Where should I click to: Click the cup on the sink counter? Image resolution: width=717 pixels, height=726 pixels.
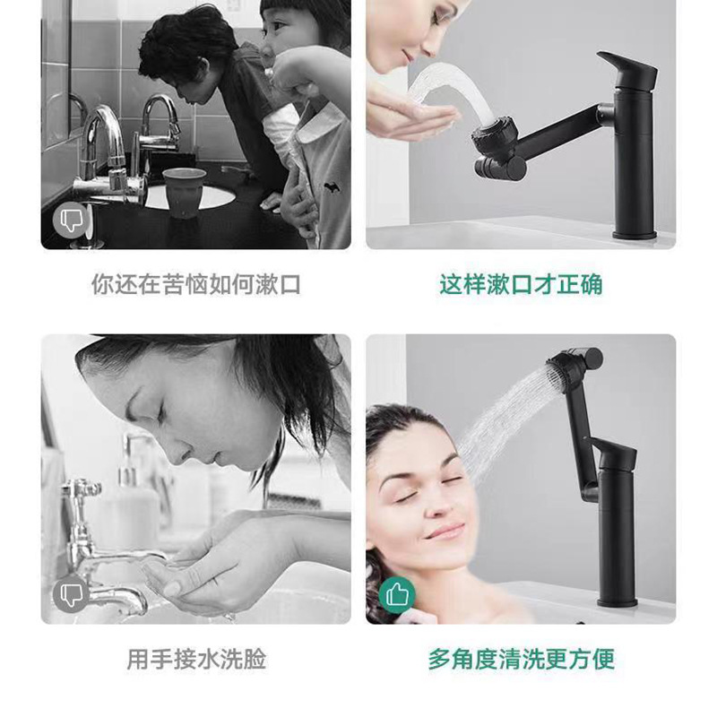[x=185, y=193]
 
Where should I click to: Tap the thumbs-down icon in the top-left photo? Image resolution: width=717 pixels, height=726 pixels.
[x=70, y=220]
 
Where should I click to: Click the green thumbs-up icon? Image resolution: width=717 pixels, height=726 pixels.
[x=397, y=595]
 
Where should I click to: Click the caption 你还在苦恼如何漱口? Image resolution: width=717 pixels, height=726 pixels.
[x=195, y=284]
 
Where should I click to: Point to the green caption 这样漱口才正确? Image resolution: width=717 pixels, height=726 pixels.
[x=521, y=284]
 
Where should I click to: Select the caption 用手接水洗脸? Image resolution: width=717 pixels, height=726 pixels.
[x=196, y=659]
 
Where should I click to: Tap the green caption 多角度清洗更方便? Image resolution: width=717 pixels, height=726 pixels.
[x=522, y=659]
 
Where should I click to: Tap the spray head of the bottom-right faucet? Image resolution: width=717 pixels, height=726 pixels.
[x=566, y=368]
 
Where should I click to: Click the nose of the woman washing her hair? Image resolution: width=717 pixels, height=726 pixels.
[x=436, y=502]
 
